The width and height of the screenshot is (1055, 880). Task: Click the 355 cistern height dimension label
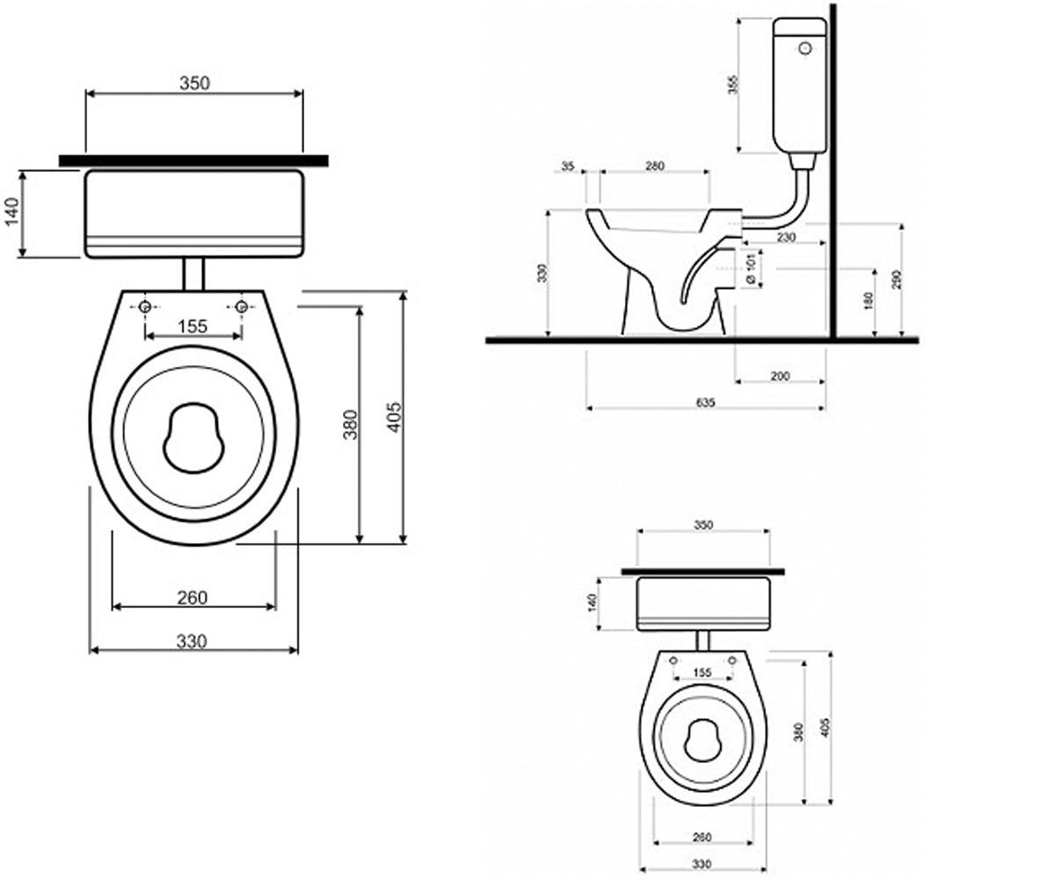(x=733, y=85)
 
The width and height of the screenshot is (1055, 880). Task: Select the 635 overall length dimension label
(x=706, y=402)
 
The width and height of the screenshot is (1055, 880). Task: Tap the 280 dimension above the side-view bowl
(x=655, y=166)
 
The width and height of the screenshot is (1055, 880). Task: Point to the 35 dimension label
(x=568, y=166)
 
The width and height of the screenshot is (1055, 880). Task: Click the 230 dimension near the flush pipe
(x=786, y=237)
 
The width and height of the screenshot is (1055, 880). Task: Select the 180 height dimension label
(x=869, y=301)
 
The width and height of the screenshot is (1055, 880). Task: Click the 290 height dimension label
(x=897, y=280)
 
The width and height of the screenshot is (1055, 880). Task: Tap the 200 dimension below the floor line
(x=780, y=376)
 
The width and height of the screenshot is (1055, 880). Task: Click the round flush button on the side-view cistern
(x=805, y=48)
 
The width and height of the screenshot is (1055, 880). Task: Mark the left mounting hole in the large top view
(x=144, y=306)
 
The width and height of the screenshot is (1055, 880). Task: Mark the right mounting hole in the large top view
(x=242, y=306)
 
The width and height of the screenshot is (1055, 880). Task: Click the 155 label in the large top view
(x=193, y=326)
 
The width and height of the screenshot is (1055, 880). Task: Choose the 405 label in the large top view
(x=395, y=417)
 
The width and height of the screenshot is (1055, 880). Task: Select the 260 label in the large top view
(x=192, y=598)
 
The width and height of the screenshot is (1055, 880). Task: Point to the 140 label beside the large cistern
(x=11, y=211)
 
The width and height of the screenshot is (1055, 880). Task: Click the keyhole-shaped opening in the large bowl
(x=193, y=438)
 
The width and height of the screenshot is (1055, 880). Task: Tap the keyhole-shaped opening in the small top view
(x=702, y=740)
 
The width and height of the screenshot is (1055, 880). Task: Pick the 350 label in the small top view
(x=702, y=525)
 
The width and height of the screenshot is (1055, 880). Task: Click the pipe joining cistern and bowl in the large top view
(x=193, y=274)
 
